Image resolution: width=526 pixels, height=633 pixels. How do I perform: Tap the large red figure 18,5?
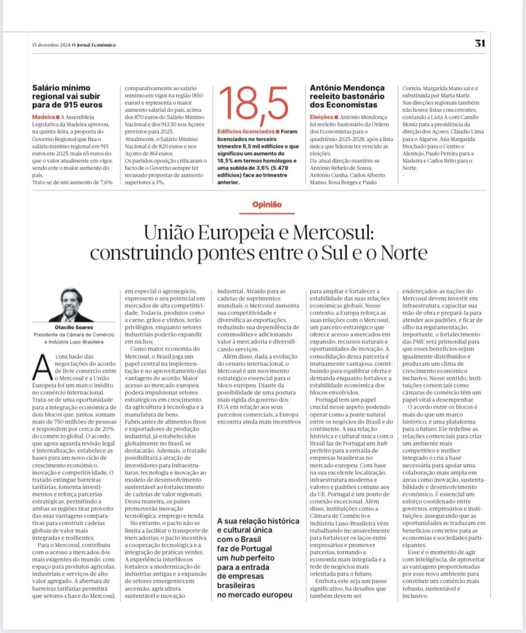click(x=253, y=106)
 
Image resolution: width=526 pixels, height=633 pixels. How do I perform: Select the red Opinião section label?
click(x=267, y=204)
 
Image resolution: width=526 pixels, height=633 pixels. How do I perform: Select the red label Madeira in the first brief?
click(x=44, y=117)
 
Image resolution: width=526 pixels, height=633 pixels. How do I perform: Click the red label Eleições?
click(x=322, y=117)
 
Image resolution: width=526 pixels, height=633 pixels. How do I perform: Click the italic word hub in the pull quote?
click(x=234, y=558)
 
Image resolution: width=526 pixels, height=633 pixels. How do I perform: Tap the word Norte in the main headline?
click(x=399, y=253)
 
